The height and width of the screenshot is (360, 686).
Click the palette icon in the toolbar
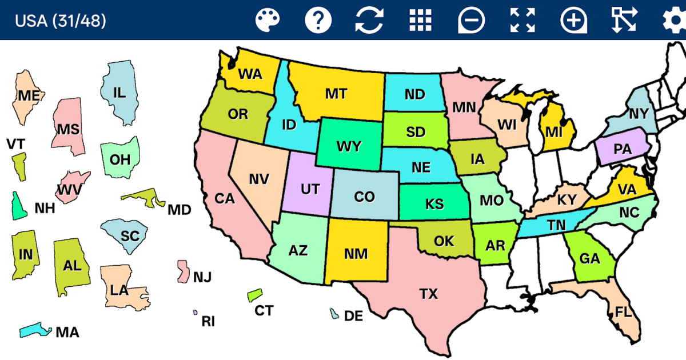pos(268,21)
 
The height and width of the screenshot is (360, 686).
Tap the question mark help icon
pos(318,21)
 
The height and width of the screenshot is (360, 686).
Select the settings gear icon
pos(675,21)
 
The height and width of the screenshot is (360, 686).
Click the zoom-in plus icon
pos(573,21)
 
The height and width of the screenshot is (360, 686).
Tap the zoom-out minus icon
pos(471,21)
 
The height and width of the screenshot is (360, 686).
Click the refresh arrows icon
pos(369,21)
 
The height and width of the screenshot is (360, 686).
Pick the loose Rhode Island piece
pos(196,313)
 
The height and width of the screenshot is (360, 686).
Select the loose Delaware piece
pos(334,314)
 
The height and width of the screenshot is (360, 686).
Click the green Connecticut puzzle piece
pos(254,295)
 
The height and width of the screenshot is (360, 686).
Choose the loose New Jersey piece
pos(184,272)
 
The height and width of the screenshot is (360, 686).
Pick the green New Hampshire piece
pos(19,206)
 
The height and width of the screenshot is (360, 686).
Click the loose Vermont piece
pos(19,166)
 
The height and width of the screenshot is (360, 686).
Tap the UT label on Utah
pos(310,189)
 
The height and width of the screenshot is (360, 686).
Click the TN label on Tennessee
pos(556,226)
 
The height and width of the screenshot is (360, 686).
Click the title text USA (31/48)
pos(60,21)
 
